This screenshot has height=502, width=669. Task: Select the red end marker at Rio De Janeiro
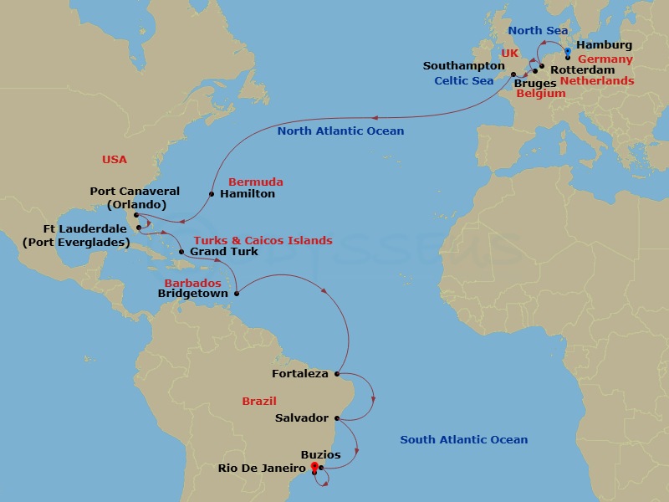[314, 466]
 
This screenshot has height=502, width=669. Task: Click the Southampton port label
[464, 66]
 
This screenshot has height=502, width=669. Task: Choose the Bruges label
[535, 84]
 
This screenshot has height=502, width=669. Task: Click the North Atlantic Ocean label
[340, 131]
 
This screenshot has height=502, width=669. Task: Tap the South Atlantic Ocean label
[463, 440]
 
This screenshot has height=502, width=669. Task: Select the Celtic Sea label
[463, 81]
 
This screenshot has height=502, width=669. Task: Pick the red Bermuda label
[255, 182]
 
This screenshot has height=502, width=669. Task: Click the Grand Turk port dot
[181, 251]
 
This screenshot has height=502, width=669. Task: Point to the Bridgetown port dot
[237, 294]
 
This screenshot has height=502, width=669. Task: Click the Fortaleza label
[300, 374]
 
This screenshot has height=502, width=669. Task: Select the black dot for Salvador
[336, 418]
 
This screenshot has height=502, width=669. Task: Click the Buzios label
[321, 455]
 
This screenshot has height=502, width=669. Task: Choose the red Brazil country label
[259, 402]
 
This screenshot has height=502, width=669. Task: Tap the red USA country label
[115, 159]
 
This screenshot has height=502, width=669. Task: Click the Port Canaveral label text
[135, 192]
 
